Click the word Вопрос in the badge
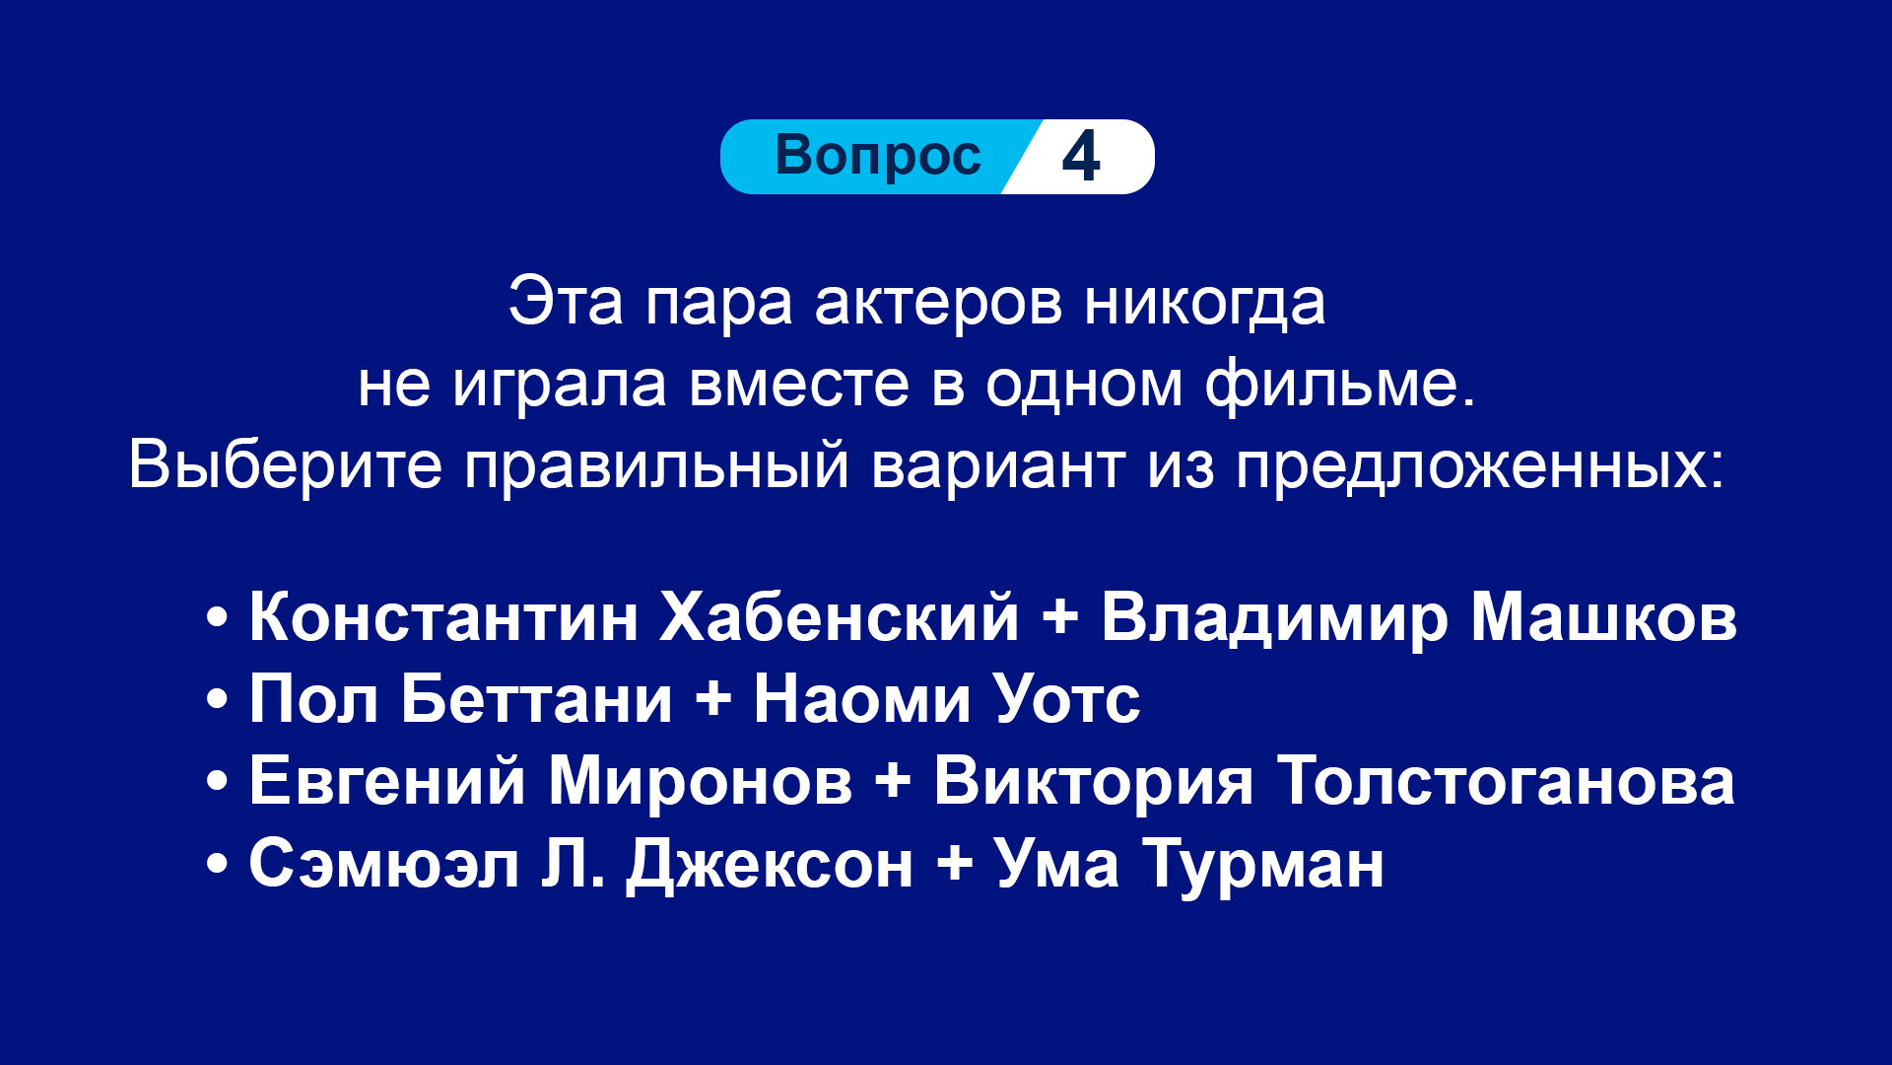point(878,156)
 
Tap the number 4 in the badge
point(1081,156)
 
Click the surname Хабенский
point(839,618)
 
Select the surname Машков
point(1603,618)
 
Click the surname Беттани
point(537,699)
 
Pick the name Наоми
point(862,699)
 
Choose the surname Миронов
point(700,781)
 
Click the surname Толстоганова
point(1506,781)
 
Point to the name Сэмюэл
point(384,864)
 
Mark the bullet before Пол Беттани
point(218,699)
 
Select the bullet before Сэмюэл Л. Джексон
point(218,864)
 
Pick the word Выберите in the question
point(286,464)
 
